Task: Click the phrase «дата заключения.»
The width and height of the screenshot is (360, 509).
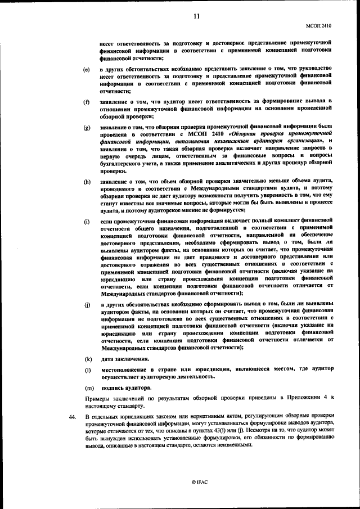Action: [125, 358]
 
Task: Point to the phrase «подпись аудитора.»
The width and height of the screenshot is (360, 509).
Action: [127, 388]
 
